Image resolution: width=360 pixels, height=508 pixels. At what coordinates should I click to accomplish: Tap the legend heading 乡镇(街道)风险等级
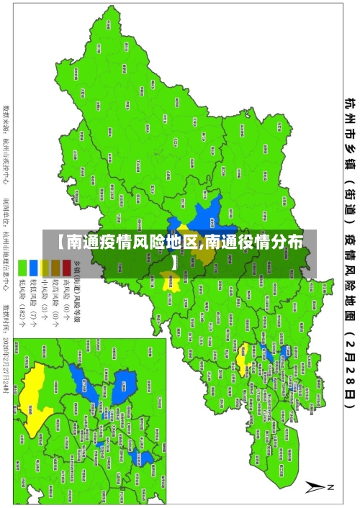(78, 288)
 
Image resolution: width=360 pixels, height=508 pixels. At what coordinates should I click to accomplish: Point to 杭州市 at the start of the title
(348, 119)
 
